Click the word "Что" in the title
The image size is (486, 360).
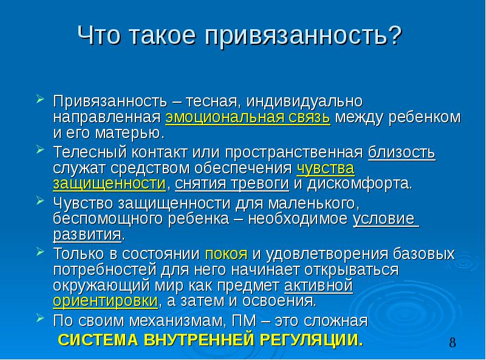tap(98, 35)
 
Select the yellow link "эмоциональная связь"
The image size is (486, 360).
tap(248, 117)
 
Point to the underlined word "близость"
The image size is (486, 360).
tap(402, 153)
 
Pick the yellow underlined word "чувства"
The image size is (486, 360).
tap(326, 168)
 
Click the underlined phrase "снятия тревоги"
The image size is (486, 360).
tap(232, 184)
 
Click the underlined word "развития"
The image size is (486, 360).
tap(87, 235)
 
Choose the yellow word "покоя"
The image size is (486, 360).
tap(226, 254)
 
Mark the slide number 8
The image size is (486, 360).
tap(452, 343)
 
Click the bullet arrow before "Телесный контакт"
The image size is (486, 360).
tap(40, 150)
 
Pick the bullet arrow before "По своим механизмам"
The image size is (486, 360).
tap(40, 317)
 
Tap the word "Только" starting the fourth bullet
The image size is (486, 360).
tap(79, 254)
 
